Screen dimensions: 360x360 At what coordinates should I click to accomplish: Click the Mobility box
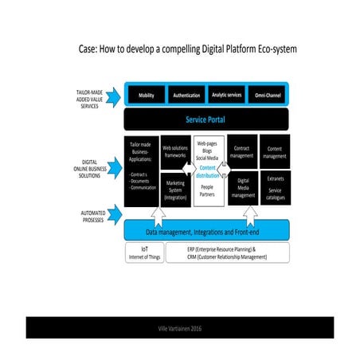point(147,96)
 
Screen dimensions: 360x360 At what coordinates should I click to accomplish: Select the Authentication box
point(186,96)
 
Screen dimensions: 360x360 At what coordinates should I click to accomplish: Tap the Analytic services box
point(226,96)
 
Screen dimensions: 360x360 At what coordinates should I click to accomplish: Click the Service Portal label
point(206,119)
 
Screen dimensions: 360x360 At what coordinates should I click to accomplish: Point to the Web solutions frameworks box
point(175,152)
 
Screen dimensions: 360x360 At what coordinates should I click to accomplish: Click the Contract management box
point(241,151)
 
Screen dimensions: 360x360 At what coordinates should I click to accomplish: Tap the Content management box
point(275,151)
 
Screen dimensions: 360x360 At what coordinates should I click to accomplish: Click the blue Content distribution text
point(209,172)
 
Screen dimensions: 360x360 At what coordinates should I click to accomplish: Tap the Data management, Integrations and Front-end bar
point(206,232)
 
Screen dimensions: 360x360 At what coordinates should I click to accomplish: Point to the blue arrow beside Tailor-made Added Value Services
point(112,96)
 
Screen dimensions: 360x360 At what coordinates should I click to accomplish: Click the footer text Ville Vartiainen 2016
point(180,327)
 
